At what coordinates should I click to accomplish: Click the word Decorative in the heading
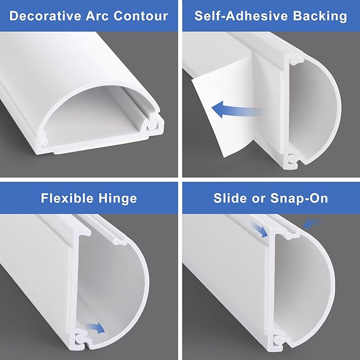[46, 16]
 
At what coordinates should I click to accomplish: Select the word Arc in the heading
[98, 16]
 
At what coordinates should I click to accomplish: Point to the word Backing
[320, 16]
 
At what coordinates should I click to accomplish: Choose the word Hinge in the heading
[118, 199]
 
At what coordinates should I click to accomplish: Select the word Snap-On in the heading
[299, 199]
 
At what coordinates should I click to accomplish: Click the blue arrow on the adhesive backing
[236, 109]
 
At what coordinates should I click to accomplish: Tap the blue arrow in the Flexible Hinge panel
[95, 328]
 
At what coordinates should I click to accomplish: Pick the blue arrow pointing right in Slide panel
[259, 230]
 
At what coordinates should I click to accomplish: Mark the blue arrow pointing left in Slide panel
[312, 223]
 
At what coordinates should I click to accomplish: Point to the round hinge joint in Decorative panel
[152, 125]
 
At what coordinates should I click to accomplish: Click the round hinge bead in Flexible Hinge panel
[80, 338]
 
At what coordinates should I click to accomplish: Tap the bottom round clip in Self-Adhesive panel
[292, 159]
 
